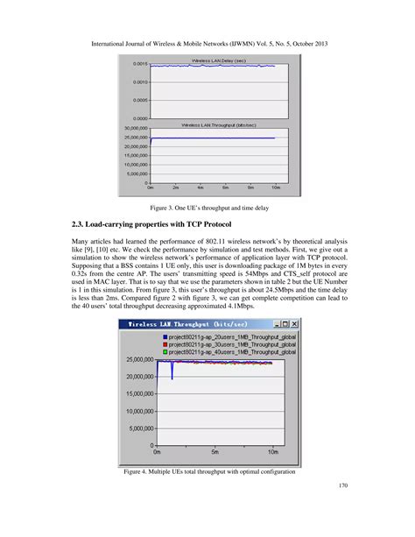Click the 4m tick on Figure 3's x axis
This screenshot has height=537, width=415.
point(201,188)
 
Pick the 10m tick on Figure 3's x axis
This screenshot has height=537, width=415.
point(275,188)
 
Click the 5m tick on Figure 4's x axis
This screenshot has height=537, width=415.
point(215,452)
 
